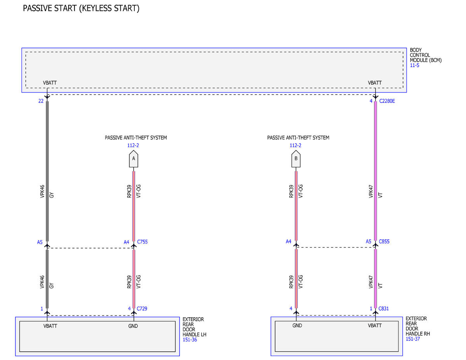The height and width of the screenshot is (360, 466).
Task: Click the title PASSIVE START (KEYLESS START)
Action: point(81,9)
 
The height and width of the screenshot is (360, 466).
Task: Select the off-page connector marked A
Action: point(133,159)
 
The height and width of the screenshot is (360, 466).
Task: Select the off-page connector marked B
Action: point(296,159)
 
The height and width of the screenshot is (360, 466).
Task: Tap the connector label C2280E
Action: point(387,101)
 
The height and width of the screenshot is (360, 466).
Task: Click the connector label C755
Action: point(142,242)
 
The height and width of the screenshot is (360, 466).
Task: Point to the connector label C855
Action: point(384,242)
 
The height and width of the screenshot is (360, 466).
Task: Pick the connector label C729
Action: point(142,308)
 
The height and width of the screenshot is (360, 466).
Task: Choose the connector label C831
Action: point(383,308)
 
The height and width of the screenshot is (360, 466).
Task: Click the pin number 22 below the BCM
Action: point(41,101)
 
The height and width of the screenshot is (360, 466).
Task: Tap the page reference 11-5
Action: point(414,65)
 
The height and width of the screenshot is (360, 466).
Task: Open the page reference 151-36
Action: point(190,340)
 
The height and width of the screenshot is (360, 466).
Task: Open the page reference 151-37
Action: point(412,339)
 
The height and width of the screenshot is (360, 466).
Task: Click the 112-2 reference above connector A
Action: point(133,145)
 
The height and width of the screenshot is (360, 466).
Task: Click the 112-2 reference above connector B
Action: point(295,145)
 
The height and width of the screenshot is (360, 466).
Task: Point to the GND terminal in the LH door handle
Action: point(133,326)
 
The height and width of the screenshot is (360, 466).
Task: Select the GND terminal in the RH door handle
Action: point(297,325)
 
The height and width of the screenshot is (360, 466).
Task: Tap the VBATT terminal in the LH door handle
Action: point(50,326)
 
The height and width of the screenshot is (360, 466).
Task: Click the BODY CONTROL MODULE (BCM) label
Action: point(426,55)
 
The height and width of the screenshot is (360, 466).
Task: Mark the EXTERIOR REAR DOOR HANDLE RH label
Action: point(417,326)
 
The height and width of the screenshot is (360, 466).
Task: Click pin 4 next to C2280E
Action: point(371,101)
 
